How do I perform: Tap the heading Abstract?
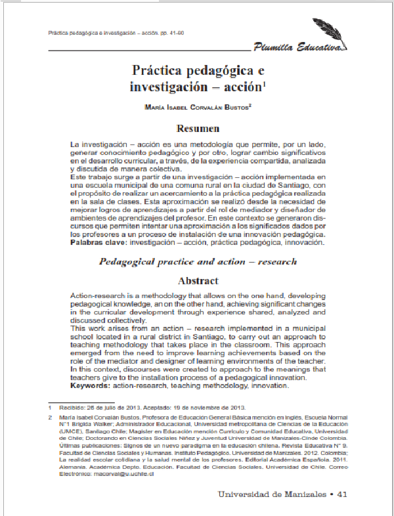[197, 280]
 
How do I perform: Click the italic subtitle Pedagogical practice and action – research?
[197, 261]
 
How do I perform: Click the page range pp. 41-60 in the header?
[166, 32]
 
